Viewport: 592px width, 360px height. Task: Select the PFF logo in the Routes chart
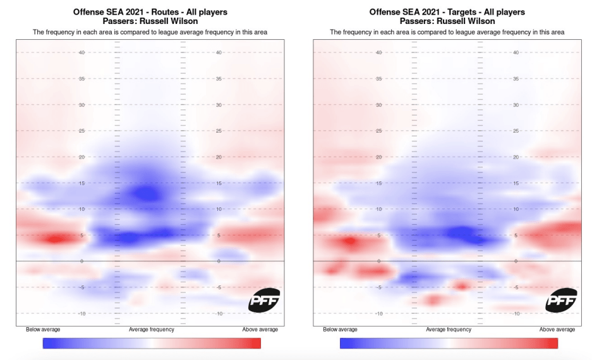(263, 300)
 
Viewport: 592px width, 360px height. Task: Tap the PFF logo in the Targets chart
(561, 300)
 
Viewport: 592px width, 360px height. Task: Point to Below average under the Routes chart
(43, 330)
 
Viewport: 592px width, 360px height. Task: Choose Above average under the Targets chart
(557, 330)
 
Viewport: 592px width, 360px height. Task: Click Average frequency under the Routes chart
(152, 330)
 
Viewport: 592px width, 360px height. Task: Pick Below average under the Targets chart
(340, 330)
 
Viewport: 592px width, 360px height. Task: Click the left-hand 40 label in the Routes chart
(82, 53)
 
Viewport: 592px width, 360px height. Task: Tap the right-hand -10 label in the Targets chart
(515, 313)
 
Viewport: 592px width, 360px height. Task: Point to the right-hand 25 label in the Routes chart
(218, 131)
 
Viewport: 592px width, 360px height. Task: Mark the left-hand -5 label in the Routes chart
(82, 287)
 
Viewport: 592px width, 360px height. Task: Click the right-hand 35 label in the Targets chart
(515, 79)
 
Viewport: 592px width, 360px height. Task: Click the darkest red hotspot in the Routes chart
(54, 239)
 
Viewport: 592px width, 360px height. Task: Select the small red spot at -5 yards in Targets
(462, 287)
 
